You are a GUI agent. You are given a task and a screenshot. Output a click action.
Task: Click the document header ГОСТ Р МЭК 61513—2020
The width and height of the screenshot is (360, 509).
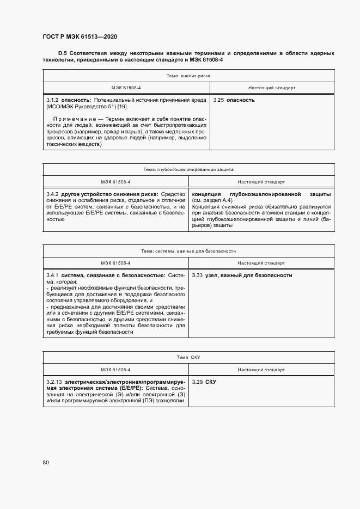click(80, 37)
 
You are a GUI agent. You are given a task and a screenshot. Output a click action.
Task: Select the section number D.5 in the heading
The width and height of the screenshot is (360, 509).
click(62, 53)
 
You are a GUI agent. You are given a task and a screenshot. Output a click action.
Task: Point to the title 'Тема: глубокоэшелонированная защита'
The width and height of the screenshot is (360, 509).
click(189, 170)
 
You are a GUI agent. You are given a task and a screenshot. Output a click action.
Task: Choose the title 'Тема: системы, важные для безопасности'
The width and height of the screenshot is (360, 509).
click(189, 251)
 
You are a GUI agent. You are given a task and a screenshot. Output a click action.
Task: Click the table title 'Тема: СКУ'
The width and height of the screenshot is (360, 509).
click(189, 357)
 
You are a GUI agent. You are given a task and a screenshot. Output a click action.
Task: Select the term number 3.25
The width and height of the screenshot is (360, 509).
click(218, 100)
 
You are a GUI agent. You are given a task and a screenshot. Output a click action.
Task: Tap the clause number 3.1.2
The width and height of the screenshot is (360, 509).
click(52, 100)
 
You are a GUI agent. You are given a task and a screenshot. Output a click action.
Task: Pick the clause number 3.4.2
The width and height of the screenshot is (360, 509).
click(52, 194)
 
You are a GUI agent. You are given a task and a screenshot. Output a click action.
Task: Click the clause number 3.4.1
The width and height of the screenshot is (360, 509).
click(52, 275)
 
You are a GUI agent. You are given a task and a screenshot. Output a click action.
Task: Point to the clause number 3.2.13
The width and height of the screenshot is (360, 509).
click(54, 382)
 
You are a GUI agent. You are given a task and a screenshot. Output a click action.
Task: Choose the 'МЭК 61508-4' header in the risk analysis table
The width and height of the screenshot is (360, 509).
click(126, 87)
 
